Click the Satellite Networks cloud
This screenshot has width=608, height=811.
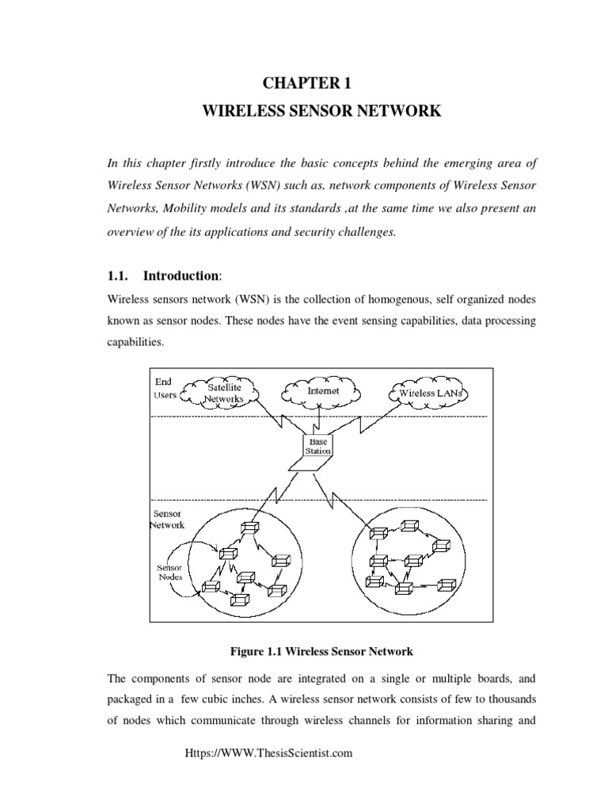(225, 393)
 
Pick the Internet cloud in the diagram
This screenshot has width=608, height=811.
(321, 391)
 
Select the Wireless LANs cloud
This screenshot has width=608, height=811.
(428, 394)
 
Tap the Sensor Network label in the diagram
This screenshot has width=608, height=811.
(167, 519)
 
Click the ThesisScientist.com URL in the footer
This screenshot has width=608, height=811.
(268, 754)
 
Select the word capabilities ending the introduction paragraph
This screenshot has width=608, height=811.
(133, 344)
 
